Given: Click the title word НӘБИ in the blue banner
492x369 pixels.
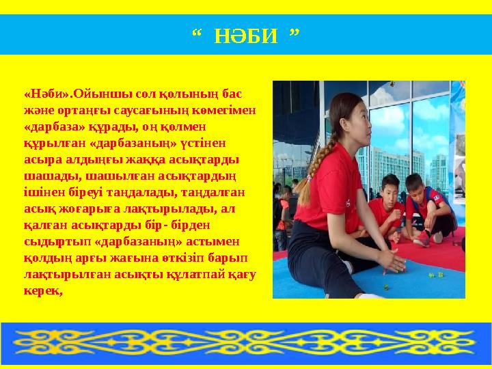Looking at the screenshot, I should point(247,35).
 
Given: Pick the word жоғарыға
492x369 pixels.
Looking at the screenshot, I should point(79,209).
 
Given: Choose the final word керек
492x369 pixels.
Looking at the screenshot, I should point(42,291).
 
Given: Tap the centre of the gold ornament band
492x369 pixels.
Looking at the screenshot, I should point(246,341).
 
